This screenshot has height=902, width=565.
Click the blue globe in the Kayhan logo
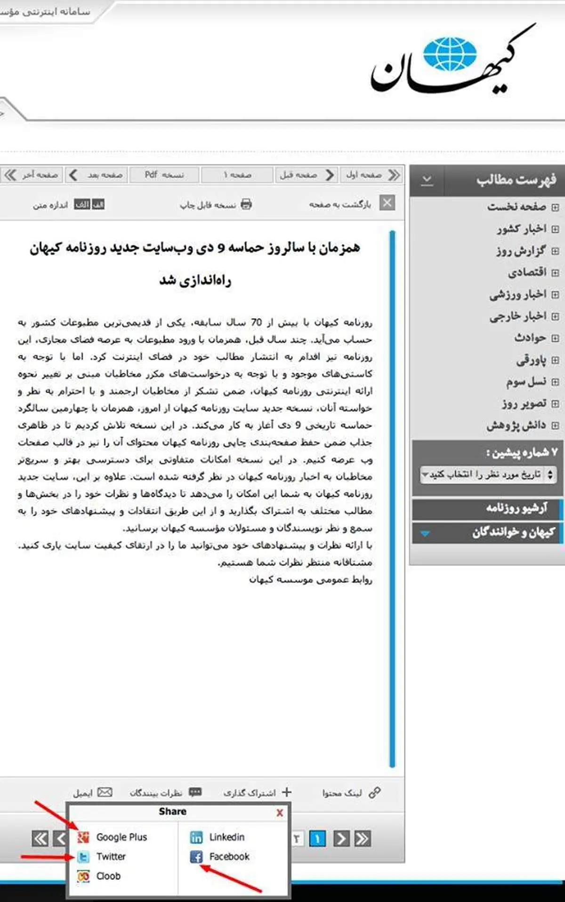click(x=450, y=54)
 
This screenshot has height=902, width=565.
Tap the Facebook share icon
click(x=196, y=856)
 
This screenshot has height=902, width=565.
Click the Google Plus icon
click(x=83, y=837)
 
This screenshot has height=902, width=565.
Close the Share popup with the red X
click(x=280, y=813)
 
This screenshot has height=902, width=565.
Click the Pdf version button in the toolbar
click(x=164, y=175)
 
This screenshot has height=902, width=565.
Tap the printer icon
click(x=246, y=204)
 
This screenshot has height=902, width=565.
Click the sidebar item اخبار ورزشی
click(x=517, y=294)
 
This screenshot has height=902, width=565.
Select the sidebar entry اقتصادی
click(x=527, y=272)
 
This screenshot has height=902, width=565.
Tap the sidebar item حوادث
click(x=530, y=338)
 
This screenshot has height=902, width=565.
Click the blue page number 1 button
click(x=317, y=838)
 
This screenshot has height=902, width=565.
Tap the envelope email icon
click(x=105, y=792)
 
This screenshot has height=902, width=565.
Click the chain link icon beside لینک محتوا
click(x=375, y=792)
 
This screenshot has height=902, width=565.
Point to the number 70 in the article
click(x=256, y=322)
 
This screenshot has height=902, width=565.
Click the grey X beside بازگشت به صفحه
click(x=387, y=203)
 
